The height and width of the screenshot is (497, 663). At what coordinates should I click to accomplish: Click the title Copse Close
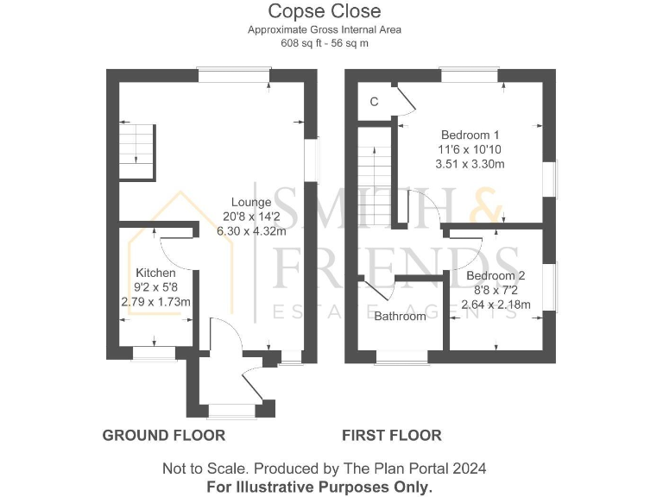(324, 11)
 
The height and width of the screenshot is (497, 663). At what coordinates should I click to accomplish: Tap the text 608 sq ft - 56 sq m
(324, 42)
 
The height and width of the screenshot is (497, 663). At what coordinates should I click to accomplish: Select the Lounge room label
(251, 203)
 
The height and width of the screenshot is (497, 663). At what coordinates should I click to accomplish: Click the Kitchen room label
(155, 273)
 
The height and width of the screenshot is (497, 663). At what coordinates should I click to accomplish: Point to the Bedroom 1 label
(470, 135)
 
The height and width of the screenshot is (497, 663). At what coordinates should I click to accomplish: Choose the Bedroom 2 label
(496, 276)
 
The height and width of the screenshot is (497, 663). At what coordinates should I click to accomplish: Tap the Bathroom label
(400, 317)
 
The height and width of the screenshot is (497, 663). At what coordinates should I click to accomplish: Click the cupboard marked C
(374, 102)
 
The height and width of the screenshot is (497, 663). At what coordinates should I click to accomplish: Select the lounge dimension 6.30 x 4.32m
(251, 230)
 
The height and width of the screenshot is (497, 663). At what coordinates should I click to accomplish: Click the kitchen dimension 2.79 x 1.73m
(155, 301)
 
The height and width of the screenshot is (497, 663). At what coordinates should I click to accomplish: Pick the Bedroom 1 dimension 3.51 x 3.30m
(470, 164)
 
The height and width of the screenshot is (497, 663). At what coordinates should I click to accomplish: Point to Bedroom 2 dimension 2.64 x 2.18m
(496, 304)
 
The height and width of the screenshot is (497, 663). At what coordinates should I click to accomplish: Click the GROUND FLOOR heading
(164, 436)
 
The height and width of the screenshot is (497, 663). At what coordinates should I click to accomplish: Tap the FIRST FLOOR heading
(392, 436)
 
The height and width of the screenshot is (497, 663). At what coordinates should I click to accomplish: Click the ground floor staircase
(136, 152)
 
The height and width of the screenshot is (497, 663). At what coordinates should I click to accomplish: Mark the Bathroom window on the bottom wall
(401, 356)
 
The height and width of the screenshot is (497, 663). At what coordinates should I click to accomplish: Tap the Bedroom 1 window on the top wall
(469, 75)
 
